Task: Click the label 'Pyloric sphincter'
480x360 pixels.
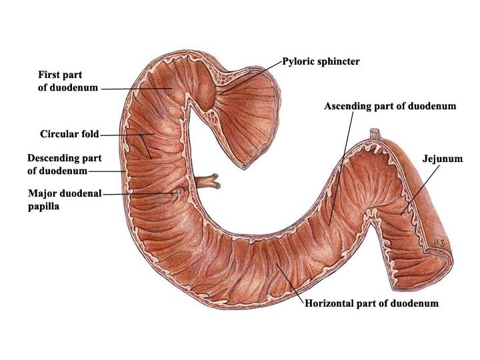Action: pyautogui.click(x=321, y=61)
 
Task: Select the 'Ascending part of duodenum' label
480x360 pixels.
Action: pyautogui.click(x=390, y=106)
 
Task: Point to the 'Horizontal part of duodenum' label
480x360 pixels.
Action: pyautogui.click(x=371, y=303)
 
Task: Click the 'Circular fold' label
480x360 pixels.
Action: pyautogui.click(x=69, y=134)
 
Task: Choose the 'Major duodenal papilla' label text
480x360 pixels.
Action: pyautogui.click(x=65, y=200)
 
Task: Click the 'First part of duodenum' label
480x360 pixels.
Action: pyautogui.click(x=67, y=81)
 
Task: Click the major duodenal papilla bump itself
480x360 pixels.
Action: pyautogui.click(x=177, y=193)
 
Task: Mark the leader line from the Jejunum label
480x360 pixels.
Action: pyautogui.click(x=422, y=189)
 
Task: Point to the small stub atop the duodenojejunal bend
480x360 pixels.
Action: pyautogui.click(x=375, y=133)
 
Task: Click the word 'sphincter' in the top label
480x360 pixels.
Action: pyautogui.click(x=339, y=61)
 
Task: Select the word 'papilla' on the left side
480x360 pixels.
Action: pyautogui.click(x=44, y=207)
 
